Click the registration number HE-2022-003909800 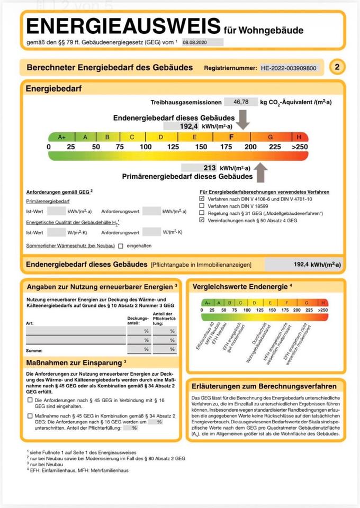pyautogui.click(x=289, y=68)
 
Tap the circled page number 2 pyautogui.click(x=337, y=67)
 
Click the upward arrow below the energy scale pyautogui.click(x=262, y=172)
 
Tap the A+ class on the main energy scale pyautogui.click(x=61, y=137)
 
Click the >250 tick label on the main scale pyautogui.click(x=299, y=147)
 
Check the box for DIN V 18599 pyautogui.click(x=202, y=205)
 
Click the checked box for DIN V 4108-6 pyautogui.click(x=202, y=198)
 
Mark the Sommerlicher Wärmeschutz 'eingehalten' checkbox pyautogui.click(x=121, y=246)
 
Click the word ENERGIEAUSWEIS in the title pyautogui.click(x=123, y=25)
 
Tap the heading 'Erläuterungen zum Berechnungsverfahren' pyautogui.click(x=264, y=386)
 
